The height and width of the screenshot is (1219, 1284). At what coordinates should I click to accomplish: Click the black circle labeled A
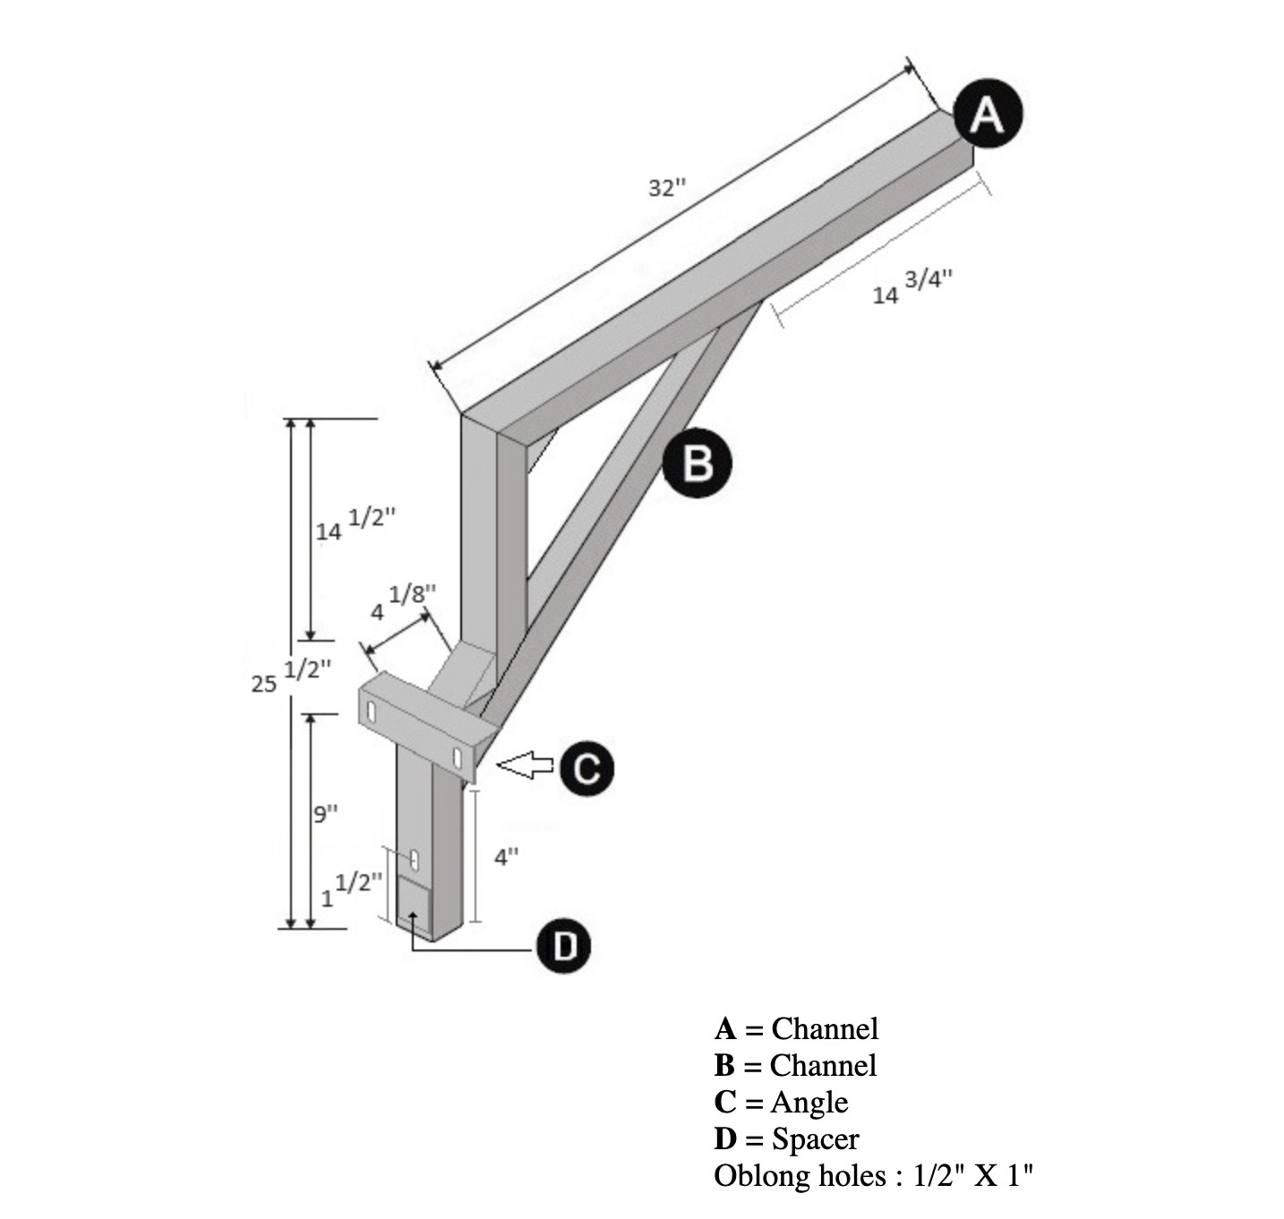point(988,114)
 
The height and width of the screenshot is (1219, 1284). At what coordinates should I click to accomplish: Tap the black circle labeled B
point(697,463)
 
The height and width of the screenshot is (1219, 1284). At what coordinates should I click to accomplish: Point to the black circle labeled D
point(563,946)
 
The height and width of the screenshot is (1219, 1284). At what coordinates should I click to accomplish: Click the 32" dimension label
point(667,188)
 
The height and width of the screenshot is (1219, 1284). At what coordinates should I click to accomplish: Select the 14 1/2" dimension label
point(355,524)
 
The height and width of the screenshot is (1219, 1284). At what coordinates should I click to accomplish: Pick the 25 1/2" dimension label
point(291,676)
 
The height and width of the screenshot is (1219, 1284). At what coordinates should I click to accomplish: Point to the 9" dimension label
point(325,814)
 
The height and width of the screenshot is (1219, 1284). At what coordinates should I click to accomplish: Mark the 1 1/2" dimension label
point(351,890)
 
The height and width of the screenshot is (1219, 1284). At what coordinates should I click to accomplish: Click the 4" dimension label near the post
point(506,857)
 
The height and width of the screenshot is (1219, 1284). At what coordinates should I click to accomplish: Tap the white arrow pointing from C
point(525,765)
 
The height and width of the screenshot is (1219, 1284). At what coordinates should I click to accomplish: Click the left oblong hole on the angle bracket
point(371,711)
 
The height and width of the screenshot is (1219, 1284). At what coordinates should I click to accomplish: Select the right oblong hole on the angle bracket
point(458,758)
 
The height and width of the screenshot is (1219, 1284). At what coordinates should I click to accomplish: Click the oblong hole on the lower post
point(414,859)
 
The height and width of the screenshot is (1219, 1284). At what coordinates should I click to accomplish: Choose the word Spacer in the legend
point(816,1140)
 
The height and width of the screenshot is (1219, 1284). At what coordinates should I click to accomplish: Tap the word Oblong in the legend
point(757,1177)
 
